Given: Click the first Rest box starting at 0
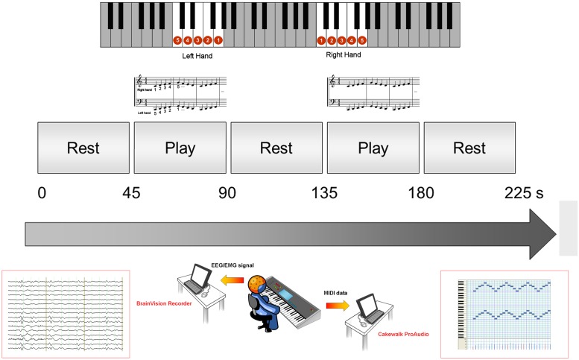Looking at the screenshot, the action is [83, 148].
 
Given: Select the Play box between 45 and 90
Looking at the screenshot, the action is [179, 148].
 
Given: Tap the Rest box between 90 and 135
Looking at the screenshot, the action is [276, 148].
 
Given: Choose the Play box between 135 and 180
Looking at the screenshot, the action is [373, 148].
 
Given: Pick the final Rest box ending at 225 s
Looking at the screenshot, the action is [469, 148].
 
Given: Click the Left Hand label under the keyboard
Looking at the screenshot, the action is [197, 55].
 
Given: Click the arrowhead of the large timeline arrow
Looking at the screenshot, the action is [542, 233].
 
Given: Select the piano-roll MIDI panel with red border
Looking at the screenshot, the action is [507, 312].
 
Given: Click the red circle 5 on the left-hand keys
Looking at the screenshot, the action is [177, 40].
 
